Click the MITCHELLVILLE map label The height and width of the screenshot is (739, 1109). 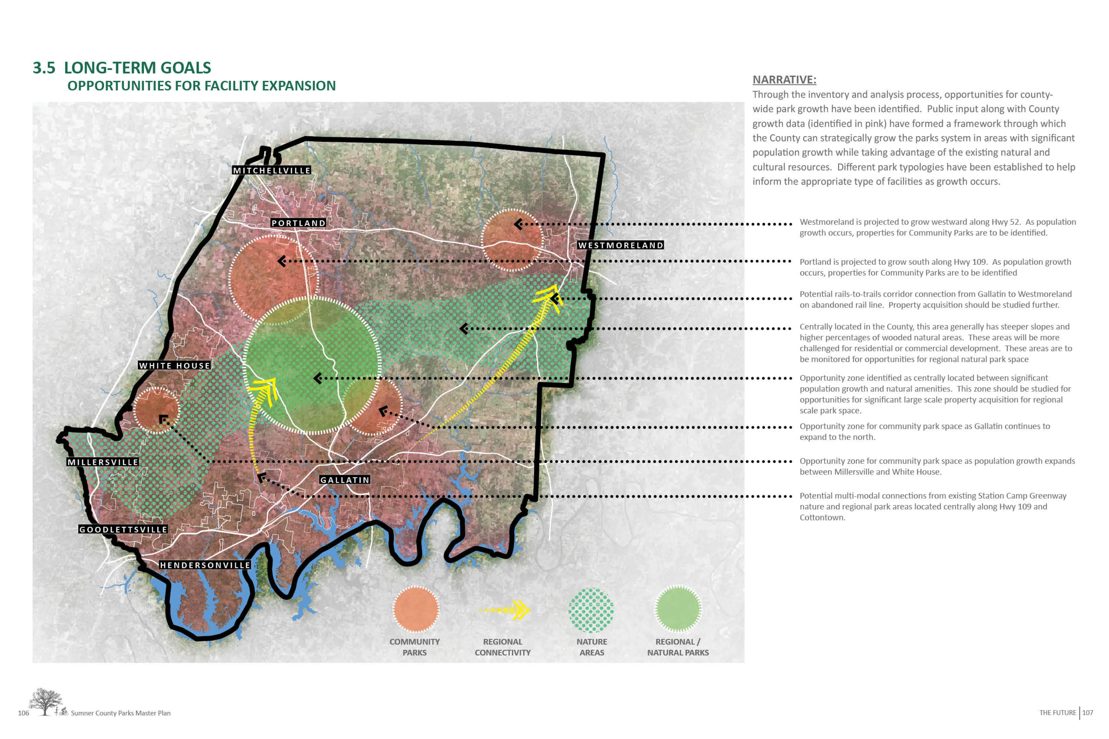[271, 170]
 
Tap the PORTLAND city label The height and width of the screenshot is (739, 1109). [298, 223]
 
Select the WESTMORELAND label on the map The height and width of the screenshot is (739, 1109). [621, 245]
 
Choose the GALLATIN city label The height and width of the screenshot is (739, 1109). [345, 480]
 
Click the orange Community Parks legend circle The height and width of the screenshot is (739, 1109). [415, 609]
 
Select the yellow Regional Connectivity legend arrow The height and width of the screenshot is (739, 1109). [504, 610]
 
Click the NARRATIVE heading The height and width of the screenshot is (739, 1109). [784, 80]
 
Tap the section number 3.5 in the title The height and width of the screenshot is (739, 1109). [44, 68]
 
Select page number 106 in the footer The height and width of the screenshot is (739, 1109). [24, 713]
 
